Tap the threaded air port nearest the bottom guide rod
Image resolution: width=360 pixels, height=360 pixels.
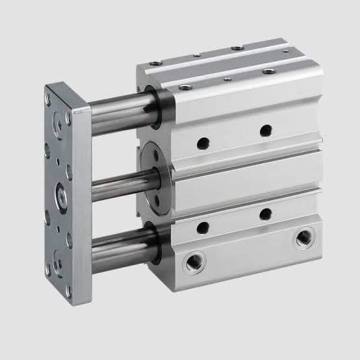(192, 263)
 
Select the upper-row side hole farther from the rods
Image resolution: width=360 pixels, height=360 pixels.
(265, 131)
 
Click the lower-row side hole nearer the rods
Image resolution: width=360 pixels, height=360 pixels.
(203, 226)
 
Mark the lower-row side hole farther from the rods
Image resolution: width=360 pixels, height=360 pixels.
(265, 214)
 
